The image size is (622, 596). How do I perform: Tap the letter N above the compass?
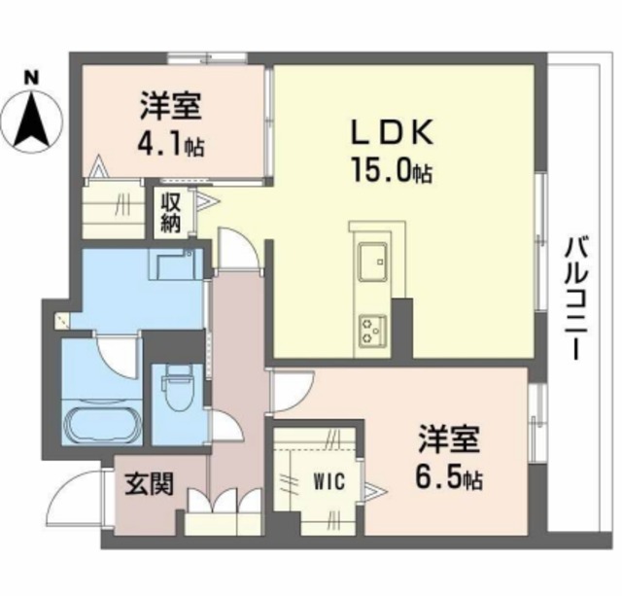pyautogui.click(x=31, y=75)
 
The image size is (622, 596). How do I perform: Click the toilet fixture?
pyautogui.click(x=176, y=393)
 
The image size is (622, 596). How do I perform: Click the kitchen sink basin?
pyautogui.click(x=373, y=261)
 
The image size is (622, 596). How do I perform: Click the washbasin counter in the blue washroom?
pyautogui.click(x=175, y=264)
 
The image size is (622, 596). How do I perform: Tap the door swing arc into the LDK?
pyautogui.click(x=238, y=249)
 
